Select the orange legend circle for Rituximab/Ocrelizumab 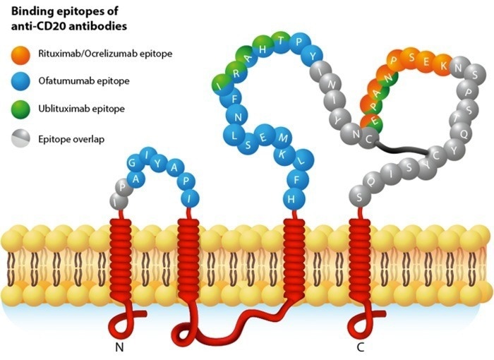click(x=19, y=54)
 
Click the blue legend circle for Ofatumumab click(x=19, y=81)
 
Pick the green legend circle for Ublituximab click(x=19, y=109)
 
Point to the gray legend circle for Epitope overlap click(x=19, y=138)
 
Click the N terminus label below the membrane click(x=119, y=347)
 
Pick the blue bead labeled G click(x=135, y=164)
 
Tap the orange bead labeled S click(x=413, y=57)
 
